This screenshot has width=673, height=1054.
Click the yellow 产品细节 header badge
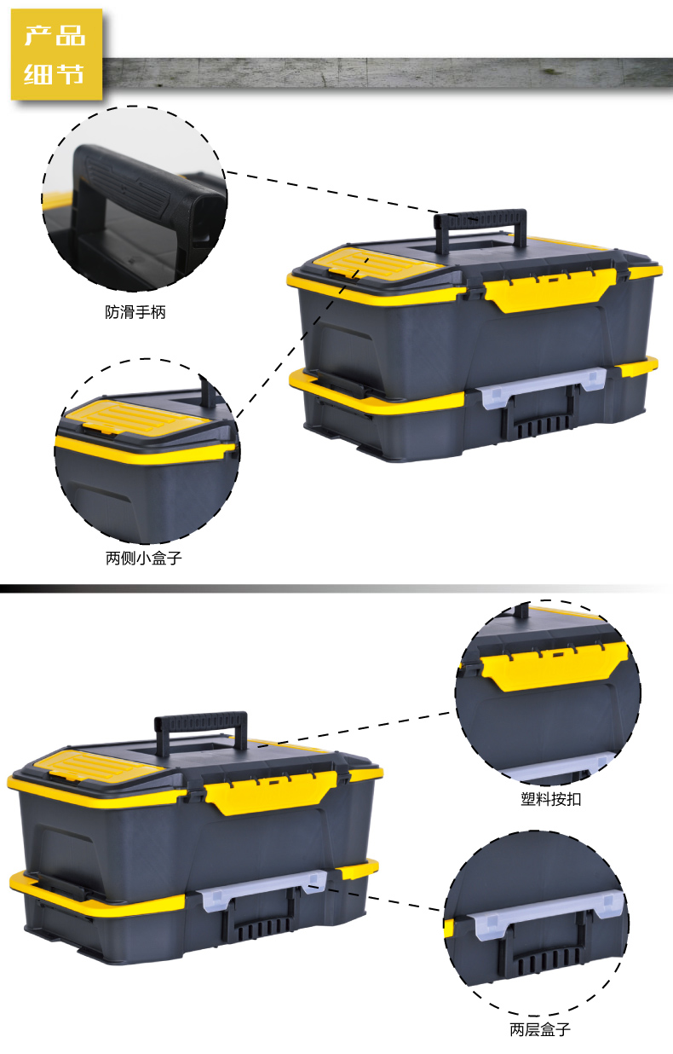tap(56, 55)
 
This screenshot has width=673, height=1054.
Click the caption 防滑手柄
tap(135, 313)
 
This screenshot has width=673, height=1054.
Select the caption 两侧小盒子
tap(144, 559)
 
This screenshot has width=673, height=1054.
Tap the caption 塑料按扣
tap(551, 800)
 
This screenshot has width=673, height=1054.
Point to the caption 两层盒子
tap(540, 1030)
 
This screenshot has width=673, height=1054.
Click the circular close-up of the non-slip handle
tap(135, 199)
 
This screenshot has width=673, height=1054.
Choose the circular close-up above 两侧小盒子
tap(147, 452)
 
